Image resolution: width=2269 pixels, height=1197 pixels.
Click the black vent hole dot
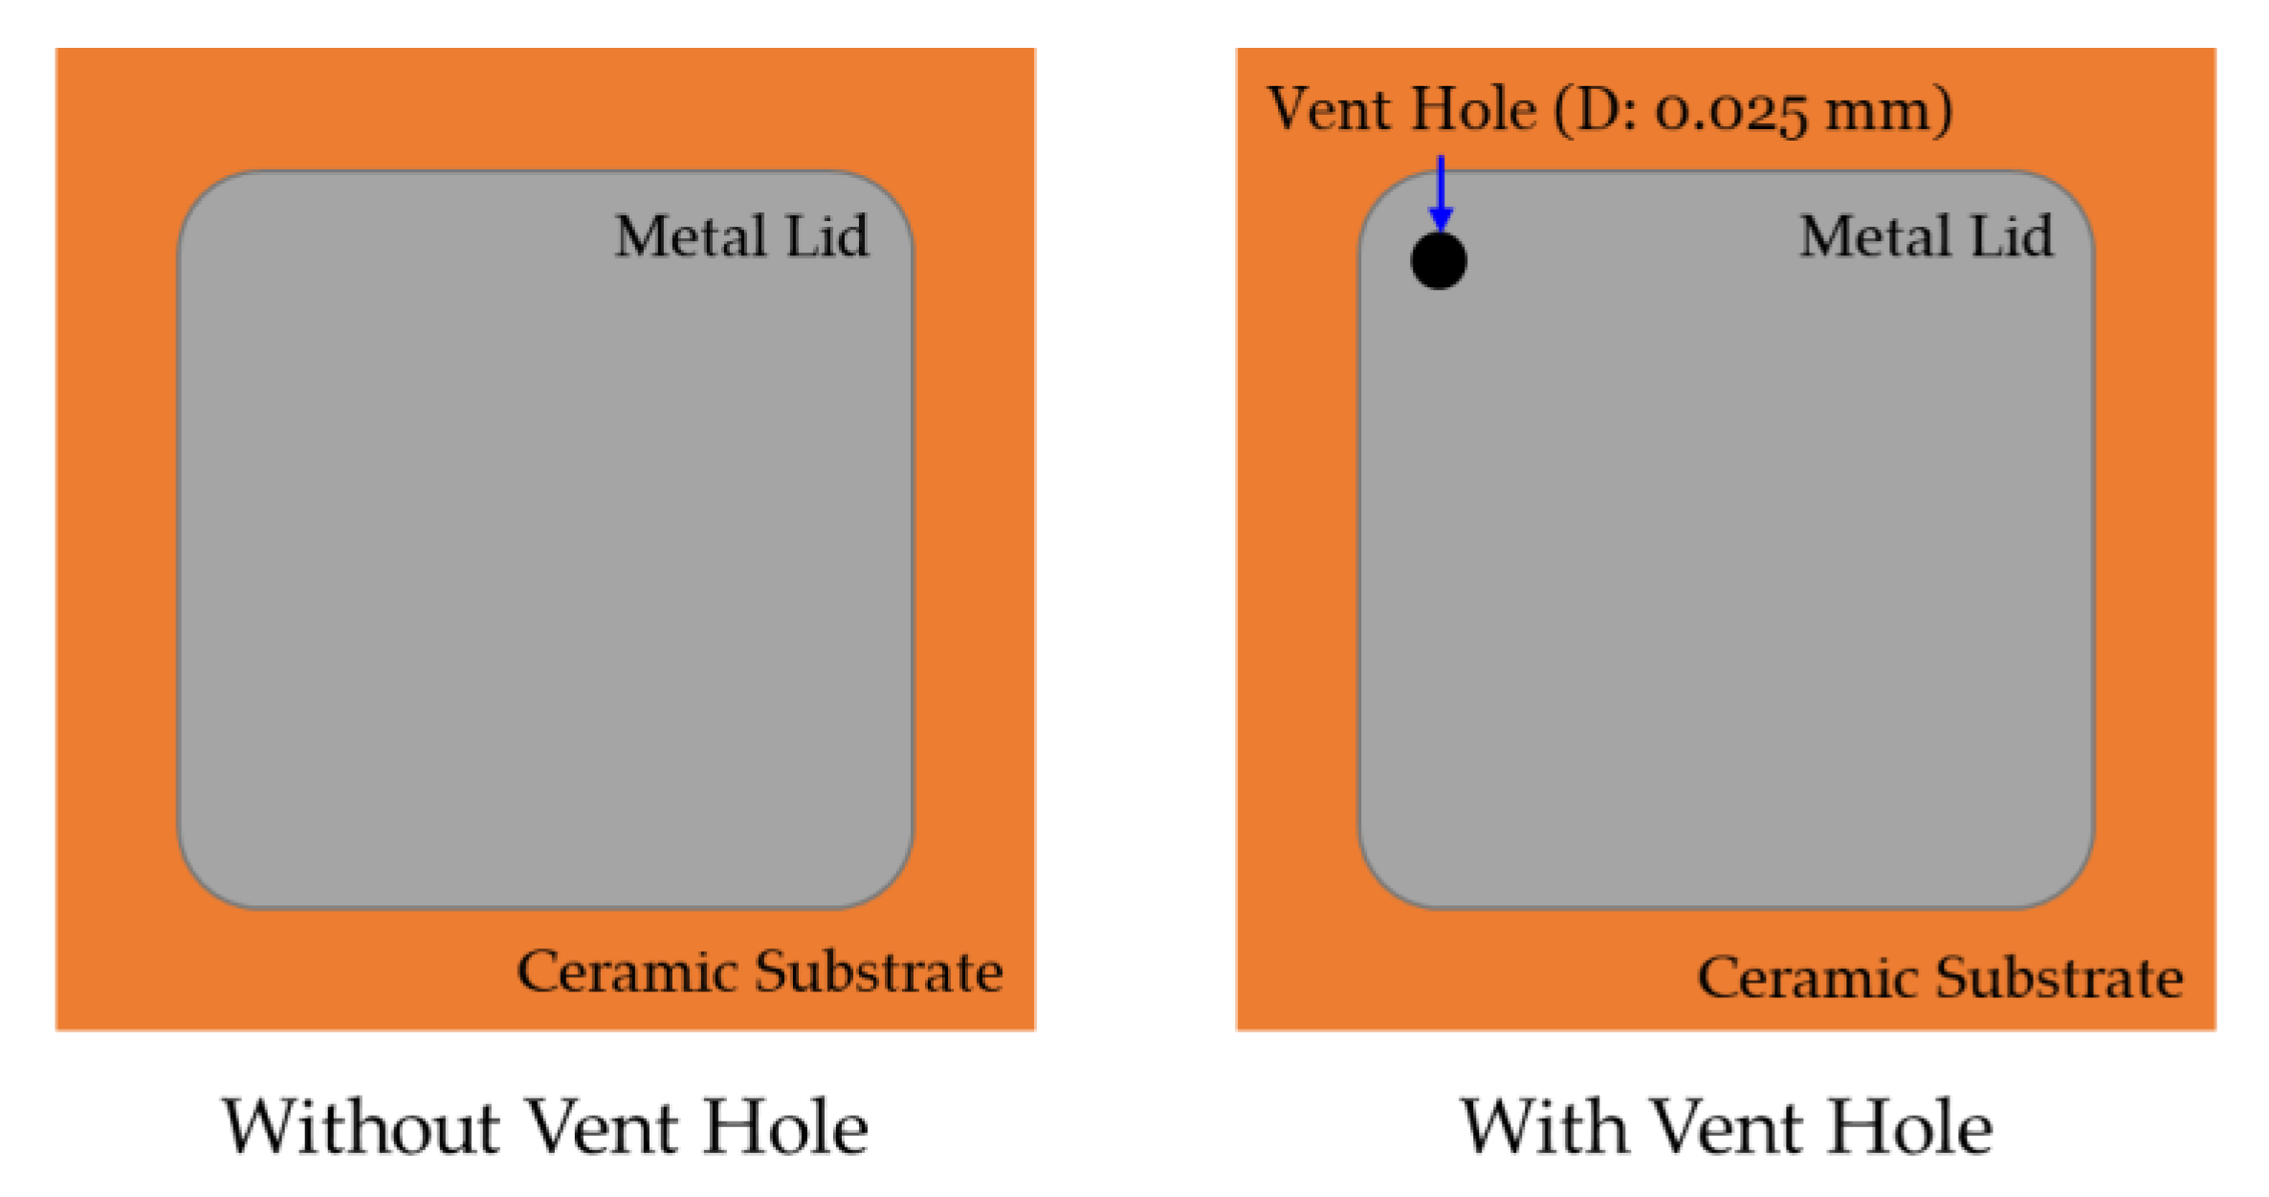(1438, 260)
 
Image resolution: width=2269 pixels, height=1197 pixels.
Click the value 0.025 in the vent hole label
(1731, 111)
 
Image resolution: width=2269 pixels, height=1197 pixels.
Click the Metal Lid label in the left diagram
(741, 236)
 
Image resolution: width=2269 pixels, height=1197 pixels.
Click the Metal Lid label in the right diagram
(1926, 236)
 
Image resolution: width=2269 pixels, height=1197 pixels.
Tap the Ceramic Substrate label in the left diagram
(760, 972)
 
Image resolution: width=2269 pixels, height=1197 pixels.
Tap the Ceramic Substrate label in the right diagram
(1940, 978)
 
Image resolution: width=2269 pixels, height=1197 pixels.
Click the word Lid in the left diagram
(826, 236)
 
